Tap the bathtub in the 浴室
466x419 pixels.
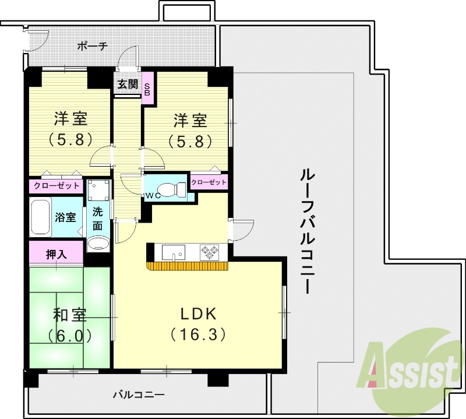pos(40,217)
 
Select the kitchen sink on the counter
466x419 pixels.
pos(173,252)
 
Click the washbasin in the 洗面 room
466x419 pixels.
pos(98,243)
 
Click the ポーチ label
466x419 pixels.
pos(93,46)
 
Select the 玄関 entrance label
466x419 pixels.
pos(128,84)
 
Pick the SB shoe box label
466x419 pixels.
pos(147,89)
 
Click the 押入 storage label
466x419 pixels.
pos(57,255)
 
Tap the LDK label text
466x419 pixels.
pos(199,314)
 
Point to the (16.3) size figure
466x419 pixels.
pos(198,335)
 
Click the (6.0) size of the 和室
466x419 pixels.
pos(70,336)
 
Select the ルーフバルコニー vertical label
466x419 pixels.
pos(306,231)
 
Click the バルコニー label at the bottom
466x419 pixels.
pos(139,395)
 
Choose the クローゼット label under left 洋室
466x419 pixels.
pos(57,186)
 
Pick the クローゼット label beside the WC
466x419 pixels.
pos(209,182)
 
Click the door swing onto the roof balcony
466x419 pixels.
pos(243,230)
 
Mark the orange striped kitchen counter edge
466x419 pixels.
pos(187,266)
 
